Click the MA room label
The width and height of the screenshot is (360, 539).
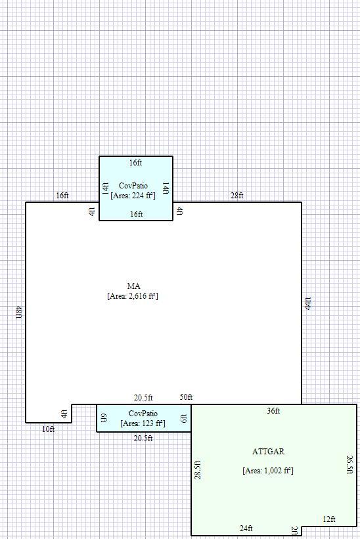[133, 286]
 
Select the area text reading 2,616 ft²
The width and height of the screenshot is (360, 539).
[133, 296]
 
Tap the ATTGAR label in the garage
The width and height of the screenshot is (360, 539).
[268, 451]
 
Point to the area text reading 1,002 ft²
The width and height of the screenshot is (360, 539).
[268, 471]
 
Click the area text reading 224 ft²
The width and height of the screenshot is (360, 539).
[133, 196]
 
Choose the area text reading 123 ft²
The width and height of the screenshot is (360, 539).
[143, 423]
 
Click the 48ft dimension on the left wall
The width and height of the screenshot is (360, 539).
[19, 312]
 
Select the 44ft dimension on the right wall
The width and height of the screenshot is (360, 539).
[307, 303]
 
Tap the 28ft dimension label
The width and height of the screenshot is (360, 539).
[237, 196]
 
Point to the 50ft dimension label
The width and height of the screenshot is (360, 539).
[186, 397]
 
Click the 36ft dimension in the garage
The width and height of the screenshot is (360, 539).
[273, 411]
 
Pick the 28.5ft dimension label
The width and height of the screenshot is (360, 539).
[198, 470]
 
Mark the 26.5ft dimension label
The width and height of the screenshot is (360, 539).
[349, 465]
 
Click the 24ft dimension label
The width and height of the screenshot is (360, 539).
[246, 528]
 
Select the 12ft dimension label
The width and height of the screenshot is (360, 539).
[328, 519]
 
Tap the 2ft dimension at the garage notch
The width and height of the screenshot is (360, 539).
[295, 531]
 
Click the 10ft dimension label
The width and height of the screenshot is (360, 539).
[48, 429]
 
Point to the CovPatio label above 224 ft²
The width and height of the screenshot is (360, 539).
[133, 186]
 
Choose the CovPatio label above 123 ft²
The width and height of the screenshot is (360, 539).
[143, 414]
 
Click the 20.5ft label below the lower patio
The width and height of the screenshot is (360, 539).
[143, 439]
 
